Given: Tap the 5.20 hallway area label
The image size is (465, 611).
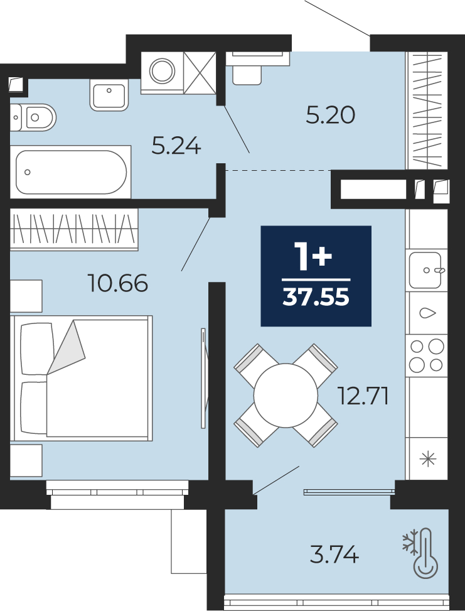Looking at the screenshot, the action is (x=330, y=116).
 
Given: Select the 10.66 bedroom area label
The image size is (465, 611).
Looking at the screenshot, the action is (x=118, y=283).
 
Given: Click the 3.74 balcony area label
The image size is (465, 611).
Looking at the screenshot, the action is (x=334, y=554).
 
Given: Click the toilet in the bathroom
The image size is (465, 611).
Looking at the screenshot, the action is (x=33, y=117).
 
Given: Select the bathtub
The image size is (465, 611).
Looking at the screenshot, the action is (x=71, y=172).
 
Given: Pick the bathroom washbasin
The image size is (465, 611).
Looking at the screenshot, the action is (x=109, y=95).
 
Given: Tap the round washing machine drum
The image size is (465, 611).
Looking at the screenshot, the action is (x=162, y=71).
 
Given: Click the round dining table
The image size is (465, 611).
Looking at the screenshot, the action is (x=286, y=396).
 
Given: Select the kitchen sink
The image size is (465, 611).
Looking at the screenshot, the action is (x=425, y=269).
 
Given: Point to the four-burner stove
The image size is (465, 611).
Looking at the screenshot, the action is (x=427, y=355).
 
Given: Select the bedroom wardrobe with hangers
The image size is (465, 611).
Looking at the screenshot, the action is (x=74, y=229).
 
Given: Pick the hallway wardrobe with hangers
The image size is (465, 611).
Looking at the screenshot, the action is (x=427, y=111).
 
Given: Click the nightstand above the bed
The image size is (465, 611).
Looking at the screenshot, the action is (x=26, y=296).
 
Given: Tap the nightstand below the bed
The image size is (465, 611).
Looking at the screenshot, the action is (x=26, y=460).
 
